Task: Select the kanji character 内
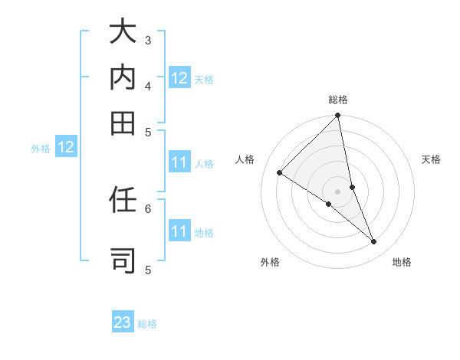click(122, 78)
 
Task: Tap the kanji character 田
click(122, 122)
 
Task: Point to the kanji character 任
click(122, 201)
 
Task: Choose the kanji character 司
click(122, 259)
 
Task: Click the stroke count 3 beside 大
click(148, 40)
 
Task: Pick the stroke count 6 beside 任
click(148, 208)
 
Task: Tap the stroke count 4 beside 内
click(148, 86)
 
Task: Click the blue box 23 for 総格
click(123, 322)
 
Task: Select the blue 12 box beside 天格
click(179, 78)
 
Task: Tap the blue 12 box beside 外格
click(66, 148)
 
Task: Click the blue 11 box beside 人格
click(179, 162)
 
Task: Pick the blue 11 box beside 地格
click(179, 231)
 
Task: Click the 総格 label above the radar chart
click(338, 100)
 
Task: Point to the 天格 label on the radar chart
click(431, 159)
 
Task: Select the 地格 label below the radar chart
click(402, 262)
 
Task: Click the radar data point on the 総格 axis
click(337, 116)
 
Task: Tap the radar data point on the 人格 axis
click(279, 172)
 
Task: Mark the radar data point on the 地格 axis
click(374, 242)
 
